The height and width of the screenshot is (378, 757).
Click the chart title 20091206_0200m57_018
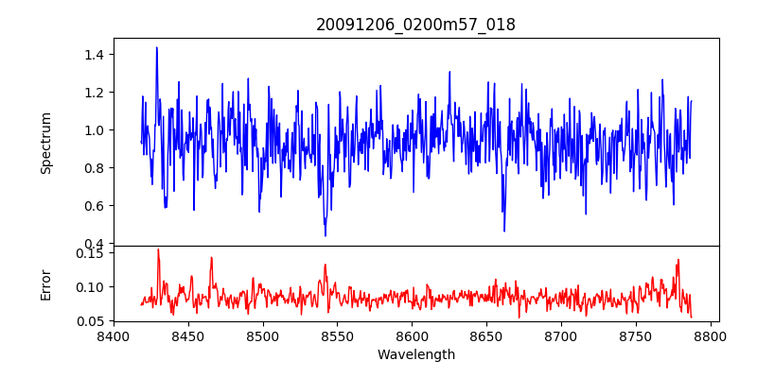point(415,25)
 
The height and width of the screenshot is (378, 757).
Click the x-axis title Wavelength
point(415,355)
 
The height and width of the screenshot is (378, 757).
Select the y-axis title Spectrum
point(45,143)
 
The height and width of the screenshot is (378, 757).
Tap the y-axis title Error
point(45,283)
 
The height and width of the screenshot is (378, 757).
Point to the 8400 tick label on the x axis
point(114,336)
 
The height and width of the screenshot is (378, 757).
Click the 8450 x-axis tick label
point(188,336)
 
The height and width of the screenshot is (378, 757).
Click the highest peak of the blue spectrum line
point(157,47)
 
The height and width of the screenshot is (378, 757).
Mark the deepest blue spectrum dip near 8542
point(326,235)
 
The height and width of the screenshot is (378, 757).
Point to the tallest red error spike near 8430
point(158,249)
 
